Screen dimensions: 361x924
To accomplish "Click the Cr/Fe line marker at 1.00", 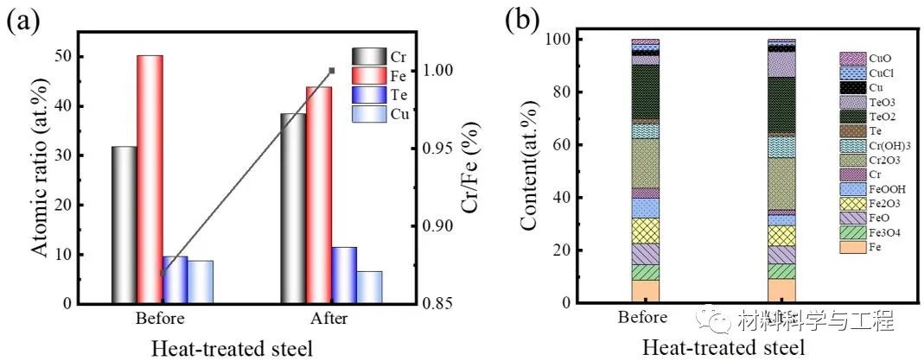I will pyautogui.click(x=332, y=71).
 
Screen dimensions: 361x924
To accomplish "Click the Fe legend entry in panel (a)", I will pyautogui.click(x=381, y=75).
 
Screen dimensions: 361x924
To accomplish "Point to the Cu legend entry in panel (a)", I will pyautogui.click(x=381, y=113).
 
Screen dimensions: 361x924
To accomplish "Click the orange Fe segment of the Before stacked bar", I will pyautogui.click(x=645, y=291).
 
